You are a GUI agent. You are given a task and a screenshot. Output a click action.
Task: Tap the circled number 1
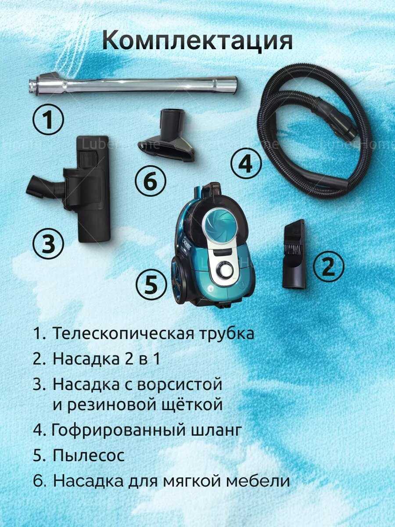pos(48,119)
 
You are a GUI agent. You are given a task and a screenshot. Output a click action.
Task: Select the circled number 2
pos(328,267)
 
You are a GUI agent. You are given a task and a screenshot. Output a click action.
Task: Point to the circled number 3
pos(48,244)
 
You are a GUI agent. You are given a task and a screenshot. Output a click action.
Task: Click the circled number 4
pos(246,163)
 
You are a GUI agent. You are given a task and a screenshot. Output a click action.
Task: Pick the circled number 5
pos(150,285)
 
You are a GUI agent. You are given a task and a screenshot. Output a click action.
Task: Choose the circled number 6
pos(151,181)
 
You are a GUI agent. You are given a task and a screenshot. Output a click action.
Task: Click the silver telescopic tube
pos(133,86)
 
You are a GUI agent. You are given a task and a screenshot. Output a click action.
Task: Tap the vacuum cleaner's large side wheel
pos(177,283)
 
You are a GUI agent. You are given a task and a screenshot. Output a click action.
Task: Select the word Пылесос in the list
pos(89,455)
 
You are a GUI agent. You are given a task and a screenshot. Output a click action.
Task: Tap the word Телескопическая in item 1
pos(123,333)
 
